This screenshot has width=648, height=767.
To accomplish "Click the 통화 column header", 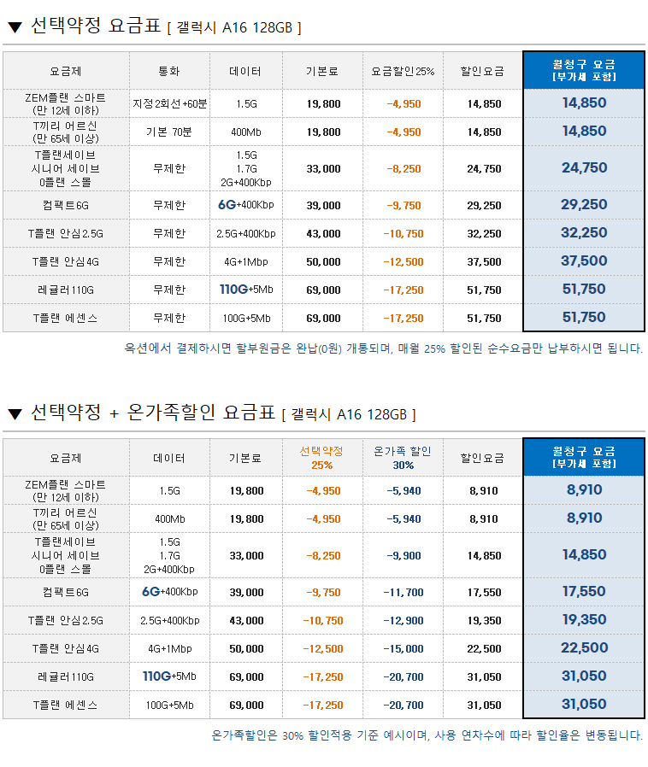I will (169, 71).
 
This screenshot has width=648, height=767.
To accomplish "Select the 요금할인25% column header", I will (403, 71).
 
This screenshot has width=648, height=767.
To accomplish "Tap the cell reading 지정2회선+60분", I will (169, 103).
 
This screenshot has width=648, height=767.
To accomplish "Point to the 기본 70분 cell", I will (169, 132).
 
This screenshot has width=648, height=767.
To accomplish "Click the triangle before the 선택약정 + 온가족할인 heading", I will (15, 414).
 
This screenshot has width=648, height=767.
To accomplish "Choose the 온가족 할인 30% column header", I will (403, 458).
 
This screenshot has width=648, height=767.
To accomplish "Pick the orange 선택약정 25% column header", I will (322, 458).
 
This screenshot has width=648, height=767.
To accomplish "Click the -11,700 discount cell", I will (403, 592).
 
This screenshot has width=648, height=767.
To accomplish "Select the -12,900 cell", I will (403, 620).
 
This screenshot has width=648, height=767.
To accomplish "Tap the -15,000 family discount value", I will (403, 648).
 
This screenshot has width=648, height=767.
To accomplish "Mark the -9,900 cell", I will (403, 555).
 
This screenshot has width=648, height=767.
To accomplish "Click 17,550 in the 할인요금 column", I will (485, 592).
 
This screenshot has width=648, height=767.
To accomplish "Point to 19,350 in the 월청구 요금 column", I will (585, 620).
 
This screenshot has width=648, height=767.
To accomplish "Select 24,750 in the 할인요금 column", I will (484, 169).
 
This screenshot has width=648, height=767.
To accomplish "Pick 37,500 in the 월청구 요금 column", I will (585, 261).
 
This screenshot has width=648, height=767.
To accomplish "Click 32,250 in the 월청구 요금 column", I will (585, 233).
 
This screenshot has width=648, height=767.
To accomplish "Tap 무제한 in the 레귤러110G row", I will (169, 290).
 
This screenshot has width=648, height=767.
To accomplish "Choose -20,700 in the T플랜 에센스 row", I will (403, 706).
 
